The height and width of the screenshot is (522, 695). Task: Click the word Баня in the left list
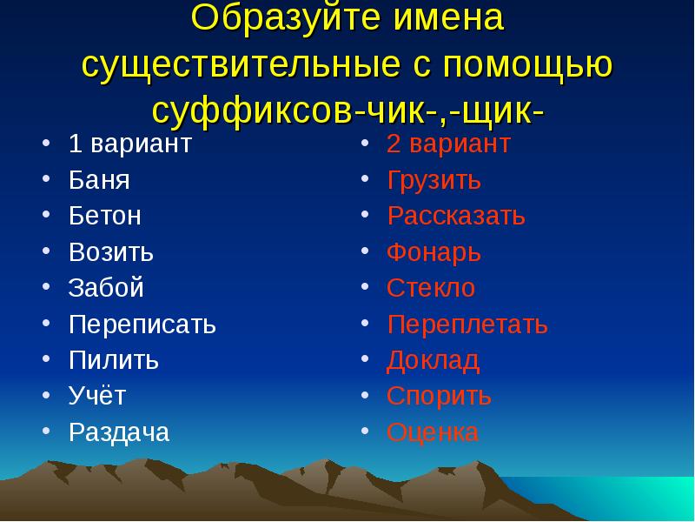(99, 181)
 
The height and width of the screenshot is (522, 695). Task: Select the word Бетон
(105, 216)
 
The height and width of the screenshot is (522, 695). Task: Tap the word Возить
(111, 252)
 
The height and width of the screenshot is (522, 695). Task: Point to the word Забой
(106, 288)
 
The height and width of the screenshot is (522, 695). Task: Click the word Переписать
(142, 325)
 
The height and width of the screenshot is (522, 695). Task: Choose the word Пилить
(114, 360)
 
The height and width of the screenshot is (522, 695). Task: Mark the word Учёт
(97, 396)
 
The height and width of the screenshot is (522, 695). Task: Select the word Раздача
(119, 432)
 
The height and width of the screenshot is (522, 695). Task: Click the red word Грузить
(434, 181)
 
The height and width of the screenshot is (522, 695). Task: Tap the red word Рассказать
(456, 216)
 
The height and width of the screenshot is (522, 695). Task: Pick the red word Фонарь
(434, 252)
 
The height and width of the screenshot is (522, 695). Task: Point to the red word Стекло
(431, 288)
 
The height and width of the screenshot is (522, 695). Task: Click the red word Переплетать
(467, 325)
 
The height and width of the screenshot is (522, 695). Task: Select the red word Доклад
(433, 360)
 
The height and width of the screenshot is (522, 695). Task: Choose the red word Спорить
(440, 396)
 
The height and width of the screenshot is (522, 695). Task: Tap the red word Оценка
(433, 432)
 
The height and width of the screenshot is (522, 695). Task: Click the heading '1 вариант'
(130, 144)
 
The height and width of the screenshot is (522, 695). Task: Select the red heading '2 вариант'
(448, 144)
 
